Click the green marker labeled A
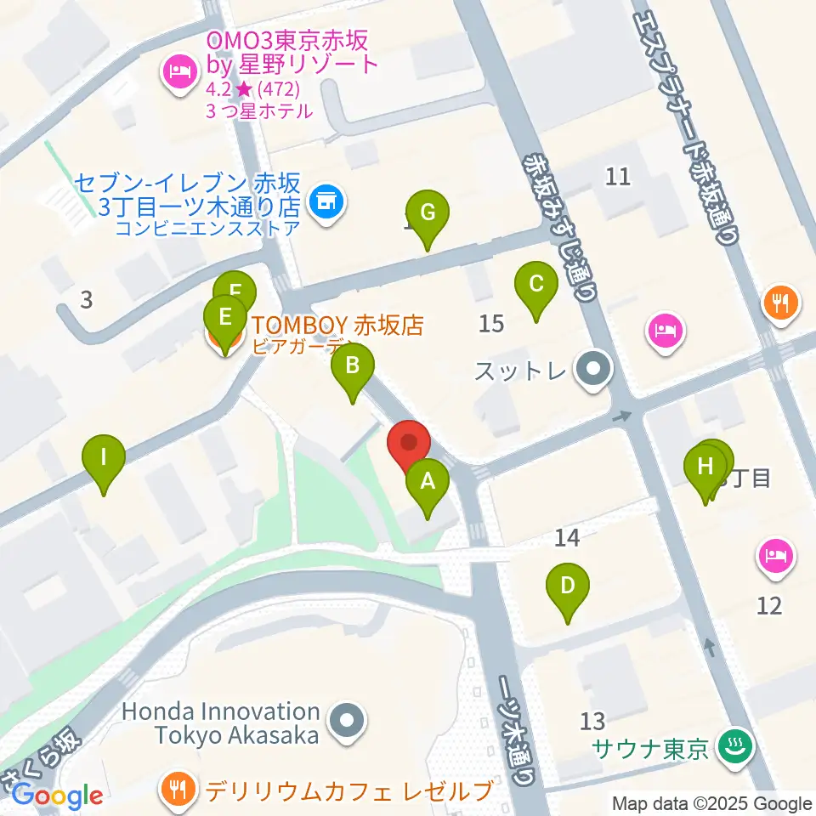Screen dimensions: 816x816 pos(427,483)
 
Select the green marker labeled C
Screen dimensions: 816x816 pos(535,285)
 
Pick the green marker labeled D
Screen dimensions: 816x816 pos(567,586)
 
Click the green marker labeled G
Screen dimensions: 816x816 pos(427,212)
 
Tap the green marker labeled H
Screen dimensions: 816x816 pos(705,467)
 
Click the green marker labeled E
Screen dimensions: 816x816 pos(224,318)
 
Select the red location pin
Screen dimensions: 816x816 pos(409,444)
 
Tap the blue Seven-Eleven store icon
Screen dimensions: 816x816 pos(326,202)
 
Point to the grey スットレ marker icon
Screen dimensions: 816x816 pos(593,370)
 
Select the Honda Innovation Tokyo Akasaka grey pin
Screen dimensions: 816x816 pos(347,722)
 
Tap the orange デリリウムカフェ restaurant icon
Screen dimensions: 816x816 pos(180,791)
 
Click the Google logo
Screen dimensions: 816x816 pos(57,796)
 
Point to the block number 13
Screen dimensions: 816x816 pos(592,722)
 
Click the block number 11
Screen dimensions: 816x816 pos(618,177)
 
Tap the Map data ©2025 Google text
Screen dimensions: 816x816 pos(711,803)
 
